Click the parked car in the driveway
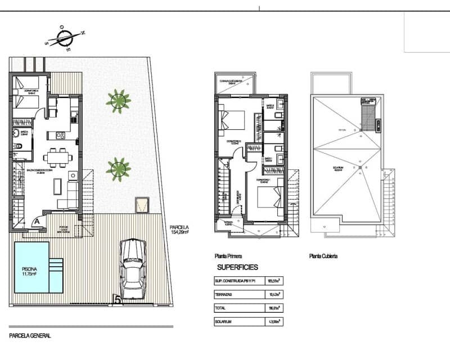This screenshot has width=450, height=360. tap(133, 268)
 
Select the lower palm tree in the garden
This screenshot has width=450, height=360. tap(118, 168)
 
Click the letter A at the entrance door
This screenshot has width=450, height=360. tap(37, 221)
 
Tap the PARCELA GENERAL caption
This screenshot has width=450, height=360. tap(30, 335)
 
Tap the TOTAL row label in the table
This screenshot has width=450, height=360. tap(221, 308)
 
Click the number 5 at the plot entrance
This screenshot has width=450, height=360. tap(118, 300)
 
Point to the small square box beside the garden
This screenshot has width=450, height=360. tap(142, 205)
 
